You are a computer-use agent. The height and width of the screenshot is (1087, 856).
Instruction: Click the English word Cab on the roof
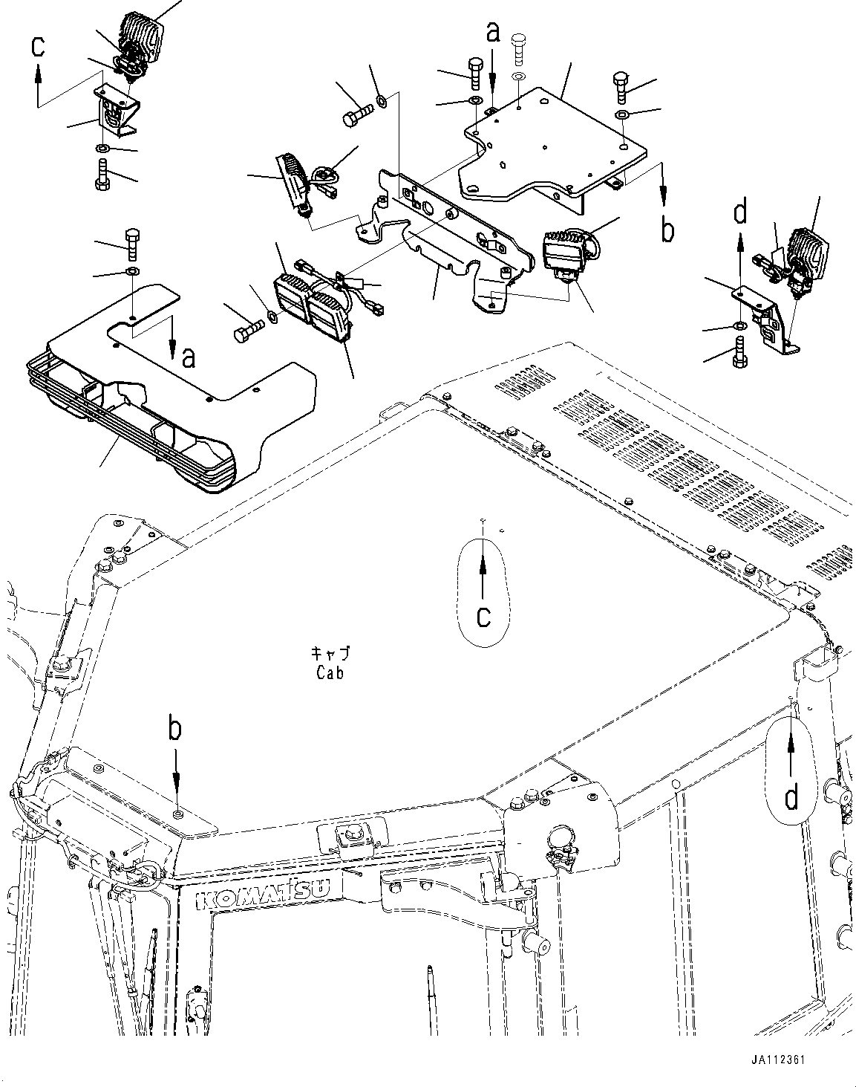coord(329,674)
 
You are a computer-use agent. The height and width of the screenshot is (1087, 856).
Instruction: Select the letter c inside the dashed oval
coord(483,616)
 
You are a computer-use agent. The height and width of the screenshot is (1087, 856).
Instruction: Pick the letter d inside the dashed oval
coord(792,799)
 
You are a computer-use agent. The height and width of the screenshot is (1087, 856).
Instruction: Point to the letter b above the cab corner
coord(174,729)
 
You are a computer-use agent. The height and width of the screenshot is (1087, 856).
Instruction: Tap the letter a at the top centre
coord(493,32)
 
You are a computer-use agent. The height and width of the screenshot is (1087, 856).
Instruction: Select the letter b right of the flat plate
coord(667,230)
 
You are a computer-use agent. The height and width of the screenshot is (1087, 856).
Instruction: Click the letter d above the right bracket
coord(739,213)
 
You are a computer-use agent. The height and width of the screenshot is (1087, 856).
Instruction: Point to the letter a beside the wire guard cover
coord(189,358)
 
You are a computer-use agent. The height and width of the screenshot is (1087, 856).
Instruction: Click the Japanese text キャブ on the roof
coord(330,653)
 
